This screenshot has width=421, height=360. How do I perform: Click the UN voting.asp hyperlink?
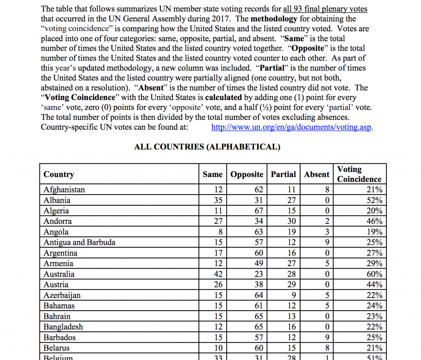point(291,127)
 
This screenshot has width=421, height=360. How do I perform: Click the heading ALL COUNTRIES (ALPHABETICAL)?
point(207,147)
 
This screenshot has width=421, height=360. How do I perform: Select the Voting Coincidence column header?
point(359,174)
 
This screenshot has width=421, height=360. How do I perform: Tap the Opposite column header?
point(247,174)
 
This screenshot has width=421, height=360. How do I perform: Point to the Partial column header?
point(283,174)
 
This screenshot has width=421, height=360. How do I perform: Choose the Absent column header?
point(317,174)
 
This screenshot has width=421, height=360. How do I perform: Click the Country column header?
point(59,174)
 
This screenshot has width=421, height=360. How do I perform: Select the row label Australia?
point(59,274)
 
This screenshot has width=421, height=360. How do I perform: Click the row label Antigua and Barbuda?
point(79,242)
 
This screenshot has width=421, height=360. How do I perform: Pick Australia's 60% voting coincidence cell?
point(374,274)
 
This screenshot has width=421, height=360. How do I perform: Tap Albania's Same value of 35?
point(218,200)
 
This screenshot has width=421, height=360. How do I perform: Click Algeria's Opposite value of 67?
point(259,211)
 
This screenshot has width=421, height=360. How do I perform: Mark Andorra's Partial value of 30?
point(291,221)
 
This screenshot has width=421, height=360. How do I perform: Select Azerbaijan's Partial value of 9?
point(293,295)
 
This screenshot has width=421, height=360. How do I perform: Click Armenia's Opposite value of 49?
point(259,263)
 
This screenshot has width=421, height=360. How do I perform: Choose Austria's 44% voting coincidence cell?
point(374,285)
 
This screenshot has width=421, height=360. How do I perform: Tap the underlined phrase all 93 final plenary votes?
point(325,9)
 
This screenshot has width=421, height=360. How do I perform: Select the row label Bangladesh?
point(63,327)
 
